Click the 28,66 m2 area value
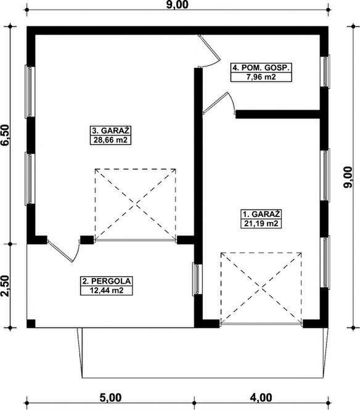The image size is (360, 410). [110, 140]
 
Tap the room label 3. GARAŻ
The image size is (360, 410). [110, 131]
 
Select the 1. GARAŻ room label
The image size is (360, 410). [261, 214]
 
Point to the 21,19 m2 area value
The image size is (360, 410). [261, 224]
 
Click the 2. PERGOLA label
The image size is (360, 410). [107, 281]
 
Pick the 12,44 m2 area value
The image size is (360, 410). [107, 290]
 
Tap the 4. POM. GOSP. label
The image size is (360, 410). [261, 68]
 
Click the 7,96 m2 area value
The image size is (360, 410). [261, 77]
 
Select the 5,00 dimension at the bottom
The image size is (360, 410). [110, 398]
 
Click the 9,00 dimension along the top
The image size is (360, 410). [178, 4]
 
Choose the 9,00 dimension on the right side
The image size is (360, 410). [348, 177]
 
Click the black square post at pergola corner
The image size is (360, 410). [31, 324]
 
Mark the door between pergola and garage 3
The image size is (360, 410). [64, 250]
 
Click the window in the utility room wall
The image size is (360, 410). [325, 71]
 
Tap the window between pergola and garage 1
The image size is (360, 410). [197, 279]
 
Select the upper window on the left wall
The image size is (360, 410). [30, 91]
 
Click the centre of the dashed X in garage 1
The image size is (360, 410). [261, 288]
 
